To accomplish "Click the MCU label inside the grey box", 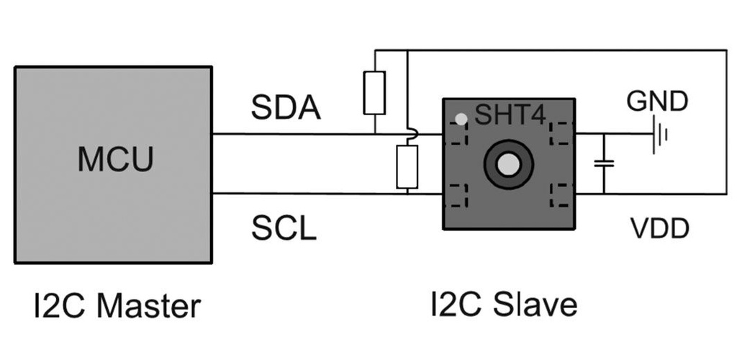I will coord(115,159).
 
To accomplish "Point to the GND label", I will coord(657,102).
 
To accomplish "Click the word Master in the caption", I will coord(148,306).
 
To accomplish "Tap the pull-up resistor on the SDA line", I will coord(374,93).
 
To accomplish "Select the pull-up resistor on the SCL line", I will coord(407,166).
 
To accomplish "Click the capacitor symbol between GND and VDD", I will coord(604,163).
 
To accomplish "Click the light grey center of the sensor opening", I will coord(508,164).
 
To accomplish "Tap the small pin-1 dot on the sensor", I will coord(460,117).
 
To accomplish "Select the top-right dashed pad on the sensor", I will coord(559,132).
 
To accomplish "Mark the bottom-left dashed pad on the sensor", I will coord(458,195).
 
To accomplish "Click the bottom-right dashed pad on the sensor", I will coord(559,195).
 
